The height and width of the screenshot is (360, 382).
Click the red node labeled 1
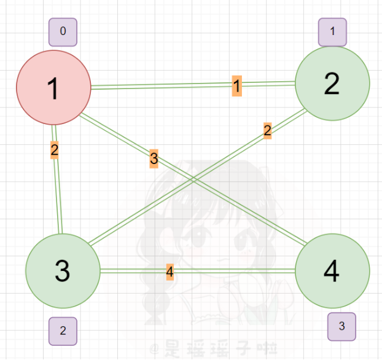[53, 87]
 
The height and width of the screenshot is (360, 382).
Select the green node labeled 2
[332, 84]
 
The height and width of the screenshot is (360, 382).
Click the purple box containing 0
[63, 32]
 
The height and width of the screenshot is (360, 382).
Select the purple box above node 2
[332, 32]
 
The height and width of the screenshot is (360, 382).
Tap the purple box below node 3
[63, 331]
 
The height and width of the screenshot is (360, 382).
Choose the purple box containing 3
[341, 326]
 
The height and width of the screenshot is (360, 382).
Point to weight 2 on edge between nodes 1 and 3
[55, 149]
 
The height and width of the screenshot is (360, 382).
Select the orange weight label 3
[154, 159]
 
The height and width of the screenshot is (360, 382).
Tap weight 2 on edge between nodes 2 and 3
[267, 130]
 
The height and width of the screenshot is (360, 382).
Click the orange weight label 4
[170, 271]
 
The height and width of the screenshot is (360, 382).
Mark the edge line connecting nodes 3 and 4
[233, 270]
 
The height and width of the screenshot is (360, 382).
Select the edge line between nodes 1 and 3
[58, 190]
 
